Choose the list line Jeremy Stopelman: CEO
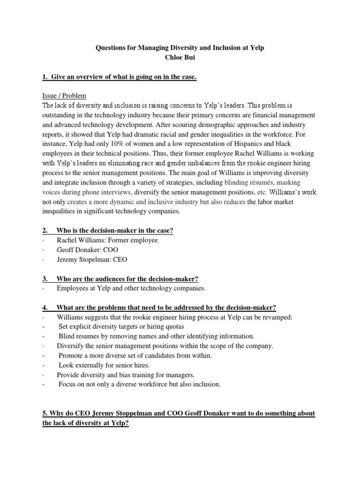[92, 259]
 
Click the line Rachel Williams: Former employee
[107, 240]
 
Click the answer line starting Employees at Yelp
[131, 288]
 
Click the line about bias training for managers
[126, 375]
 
